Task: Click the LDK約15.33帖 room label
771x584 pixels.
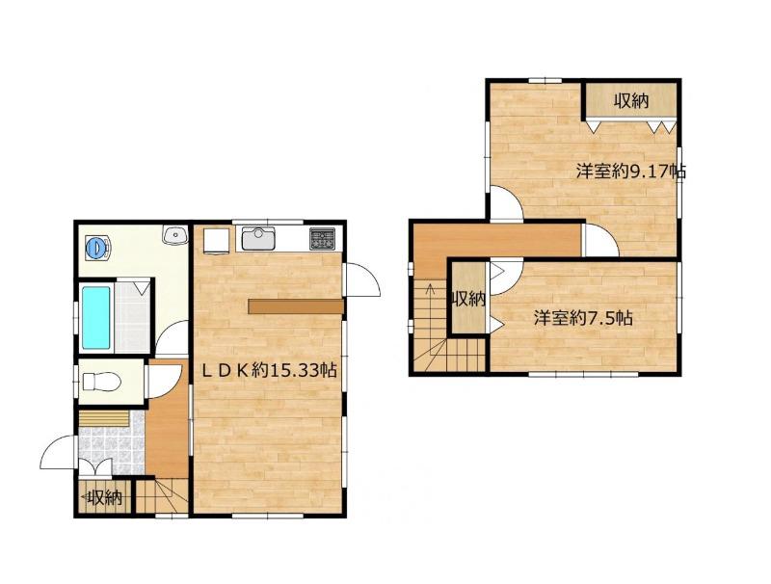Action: [270, 370]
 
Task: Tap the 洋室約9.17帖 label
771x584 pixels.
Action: [631, 172]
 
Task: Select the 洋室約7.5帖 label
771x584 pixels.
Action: [583, 318]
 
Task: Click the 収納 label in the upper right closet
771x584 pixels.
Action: [631, 101]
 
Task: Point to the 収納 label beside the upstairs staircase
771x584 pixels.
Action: [468, 299]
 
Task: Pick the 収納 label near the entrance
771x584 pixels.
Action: [105, 498]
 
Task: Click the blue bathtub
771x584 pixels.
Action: [95, 318]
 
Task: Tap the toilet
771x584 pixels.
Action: [101, 382]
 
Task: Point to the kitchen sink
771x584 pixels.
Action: [257, 239]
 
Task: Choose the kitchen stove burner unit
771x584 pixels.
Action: [322, 239]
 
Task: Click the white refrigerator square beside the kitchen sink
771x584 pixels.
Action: [217, 241]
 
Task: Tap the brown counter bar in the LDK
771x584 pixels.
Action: [296, 306]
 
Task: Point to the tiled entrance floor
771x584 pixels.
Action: [112, 445]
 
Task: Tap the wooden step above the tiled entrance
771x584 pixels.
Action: [104, 418]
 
